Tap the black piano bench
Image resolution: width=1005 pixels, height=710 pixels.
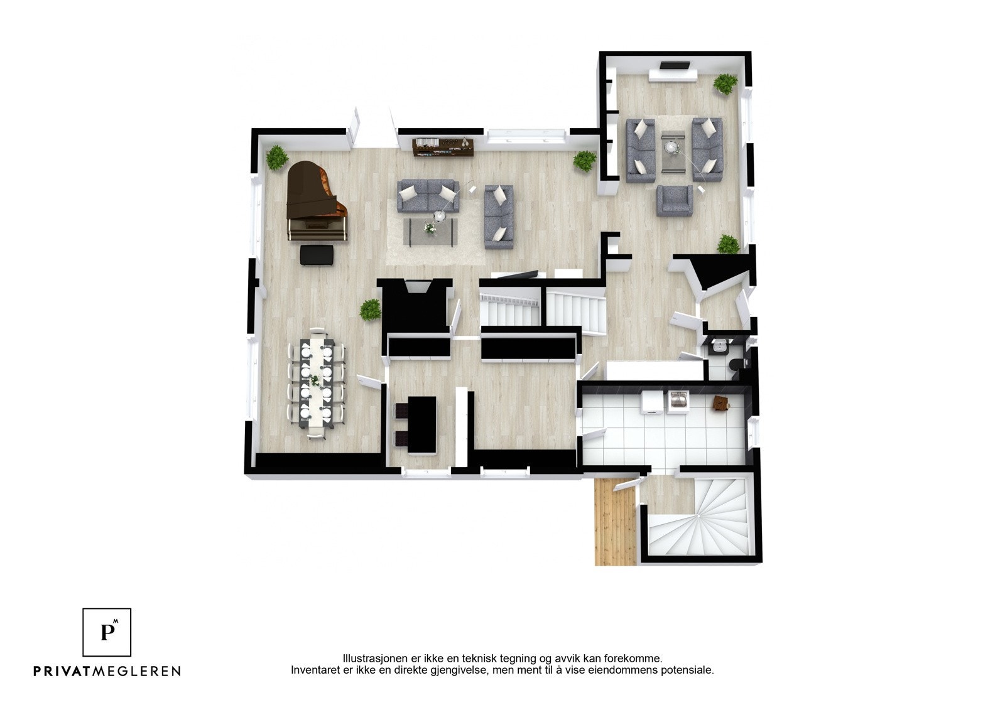tap(318, 255)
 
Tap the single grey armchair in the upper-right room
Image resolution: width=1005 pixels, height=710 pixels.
tap(675, 200)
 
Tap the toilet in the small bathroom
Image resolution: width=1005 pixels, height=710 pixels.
tap(736, 363)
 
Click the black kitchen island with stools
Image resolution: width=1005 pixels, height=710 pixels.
tap(421, 424)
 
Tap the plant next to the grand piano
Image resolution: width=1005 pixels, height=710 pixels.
tap(276, 158)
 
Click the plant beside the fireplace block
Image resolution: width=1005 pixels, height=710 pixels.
tap(370, 310)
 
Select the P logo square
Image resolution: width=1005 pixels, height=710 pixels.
tap(107, 632)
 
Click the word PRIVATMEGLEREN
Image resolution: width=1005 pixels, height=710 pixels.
tap(107, 671)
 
